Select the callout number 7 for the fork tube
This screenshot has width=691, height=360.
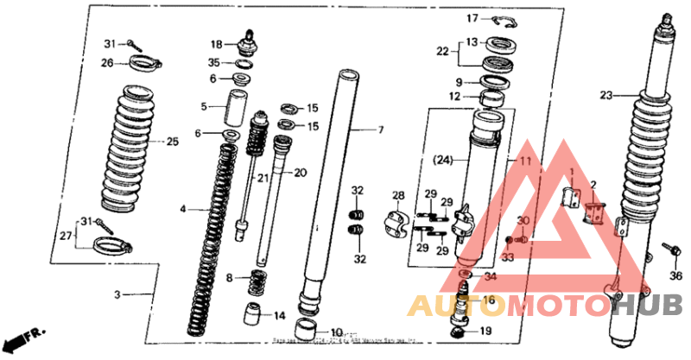tap(378, 130)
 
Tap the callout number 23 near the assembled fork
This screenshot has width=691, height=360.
tap(605, 95)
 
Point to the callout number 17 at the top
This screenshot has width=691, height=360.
tap(472, 18)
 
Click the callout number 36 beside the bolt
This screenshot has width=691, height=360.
tap(675, 275)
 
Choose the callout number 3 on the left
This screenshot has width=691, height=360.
tap(117, 294)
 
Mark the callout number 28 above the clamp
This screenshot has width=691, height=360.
tap(398, 195)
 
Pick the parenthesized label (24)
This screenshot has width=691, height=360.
tap(443, 160)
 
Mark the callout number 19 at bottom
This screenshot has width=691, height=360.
tap(485, 331)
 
